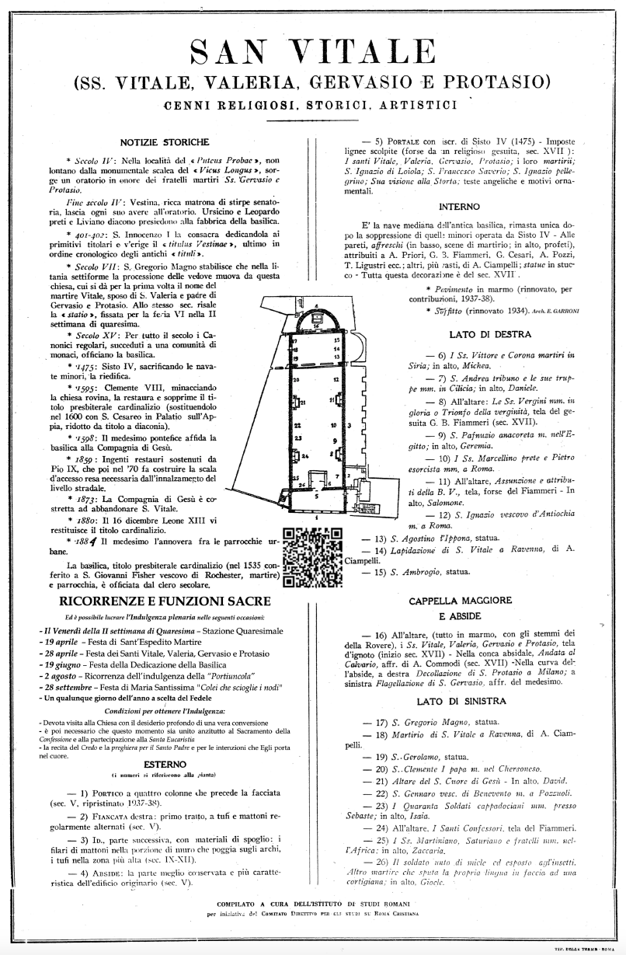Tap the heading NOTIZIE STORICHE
pyautogui.click(x=165, y=142)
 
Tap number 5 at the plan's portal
pyautogui.click(x=317, y=494)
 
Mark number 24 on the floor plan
pyautogui.click(x=304, y=456)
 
